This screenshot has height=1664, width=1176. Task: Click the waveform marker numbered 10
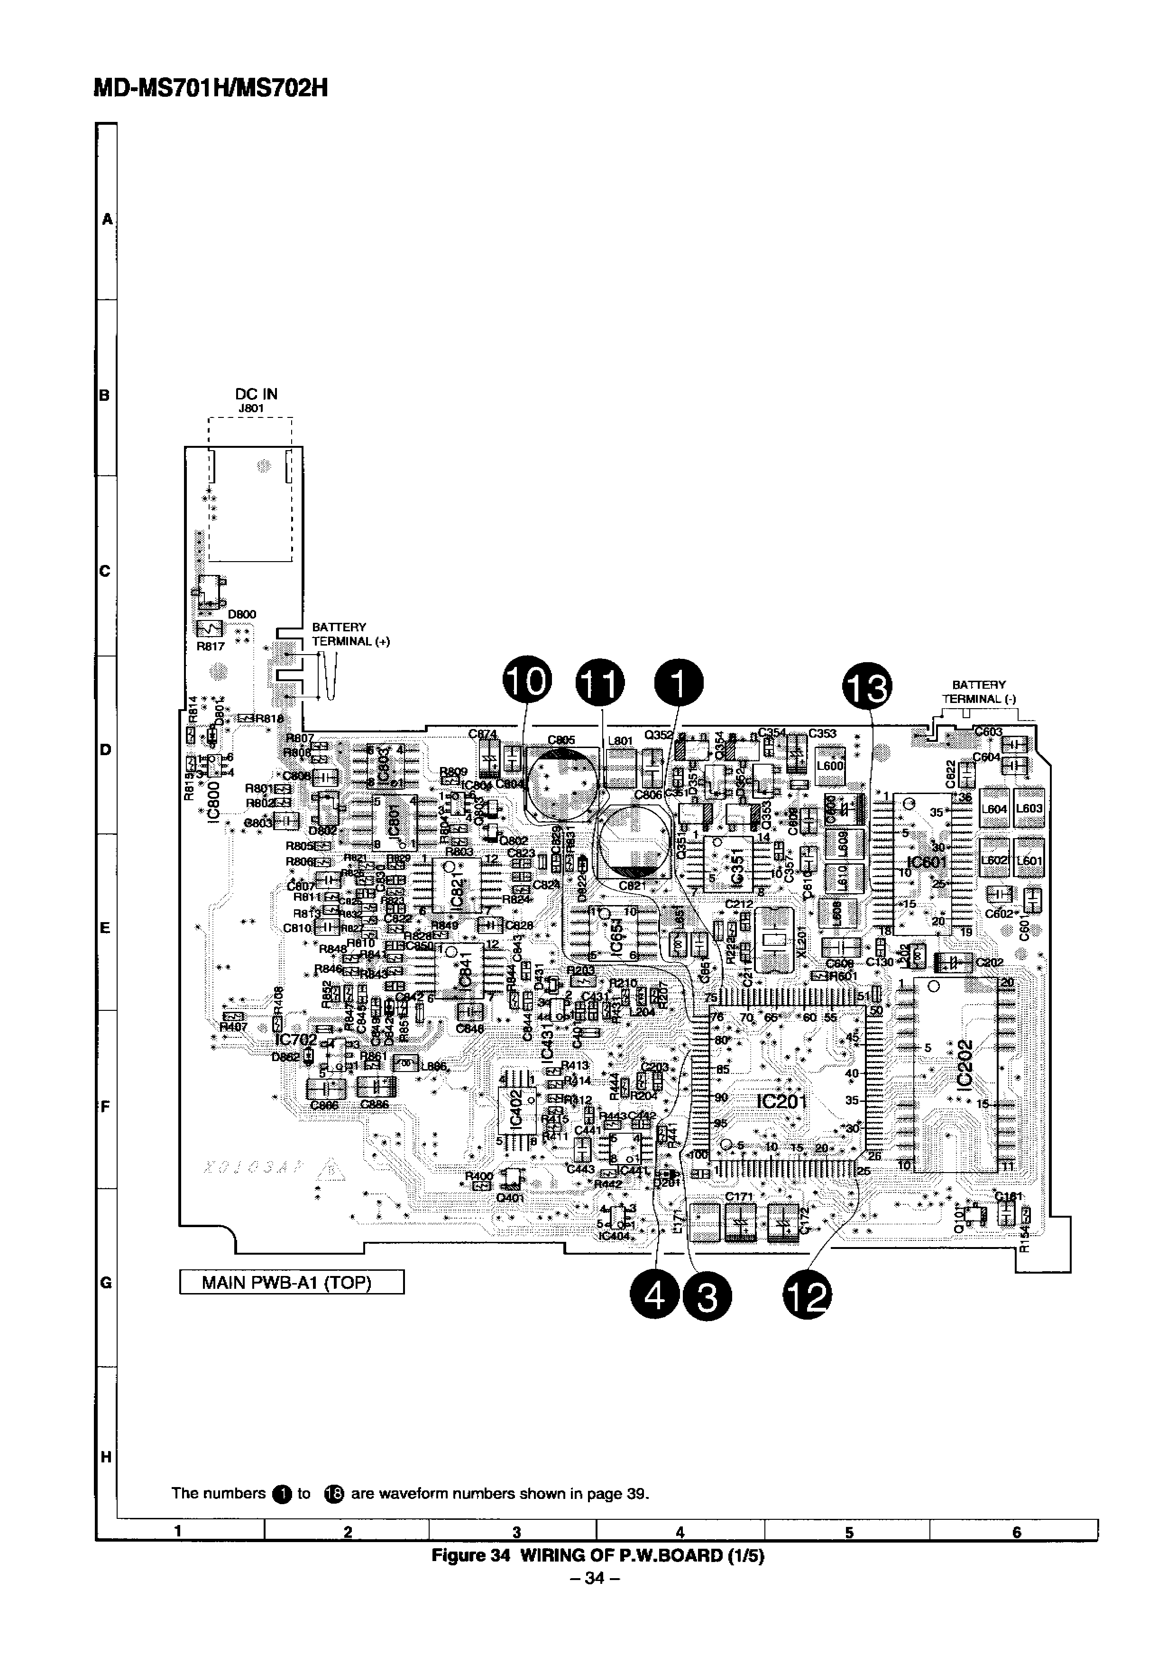[x=527, y=684]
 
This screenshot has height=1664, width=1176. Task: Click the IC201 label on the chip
[x=781, y=1101]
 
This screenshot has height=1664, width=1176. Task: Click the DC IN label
[x=256, y=394]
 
